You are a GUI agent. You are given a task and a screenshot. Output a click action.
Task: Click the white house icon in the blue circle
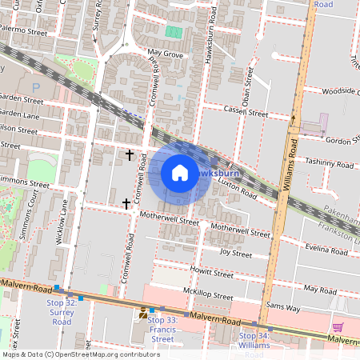point(180,173)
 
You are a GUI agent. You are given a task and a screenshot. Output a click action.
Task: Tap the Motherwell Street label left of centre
point(168,219)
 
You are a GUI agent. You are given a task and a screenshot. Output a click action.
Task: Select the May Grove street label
point(166,55)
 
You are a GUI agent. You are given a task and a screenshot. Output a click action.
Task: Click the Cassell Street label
point(246,111)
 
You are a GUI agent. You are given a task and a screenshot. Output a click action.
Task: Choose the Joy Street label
point(236,254)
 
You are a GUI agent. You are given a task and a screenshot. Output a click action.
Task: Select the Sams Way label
point(282,306)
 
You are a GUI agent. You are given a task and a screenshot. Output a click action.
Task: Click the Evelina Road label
point(323,249)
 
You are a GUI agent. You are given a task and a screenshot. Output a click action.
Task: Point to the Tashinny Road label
point(329,164)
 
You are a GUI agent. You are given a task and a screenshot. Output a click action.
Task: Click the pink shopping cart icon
point(338,326)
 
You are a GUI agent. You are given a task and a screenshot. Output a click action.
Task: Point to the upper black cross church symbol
point(130,154)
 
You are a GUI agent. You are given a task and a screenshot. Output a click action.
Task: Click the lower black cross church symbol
point(126,203)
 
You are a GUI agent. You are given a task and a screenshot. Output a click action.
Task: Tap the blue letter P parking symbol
point(35,86)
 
